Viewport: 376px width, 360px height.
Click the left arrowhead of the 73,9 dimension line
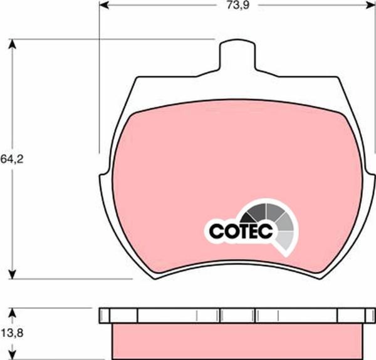(x=103, y=6)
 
